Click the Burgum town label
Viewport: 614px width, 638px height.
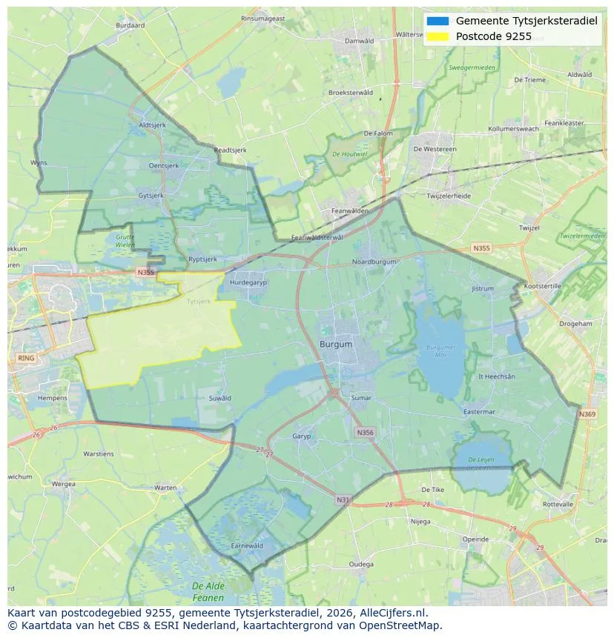(336, 345)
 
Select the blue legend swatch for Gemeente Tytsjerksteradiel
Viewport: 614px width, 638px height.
(438, 21)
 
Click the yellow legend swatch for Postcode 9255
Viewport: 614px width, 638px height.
(438, 36)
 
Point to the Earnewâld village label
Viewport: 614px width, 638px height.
(247, 545)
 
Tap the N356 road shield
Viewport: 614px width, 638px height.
(365, 432)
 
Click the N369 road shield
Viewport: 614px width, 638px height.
(587, 414)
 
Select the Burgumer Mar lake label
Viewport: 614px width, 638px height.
(441, 350)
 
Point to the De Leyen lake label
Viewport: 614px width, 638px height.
(481, 464)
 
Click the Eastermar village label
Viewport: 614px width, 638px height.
(478, 411)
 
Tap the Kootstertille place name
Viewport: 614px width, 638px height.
(543, 286)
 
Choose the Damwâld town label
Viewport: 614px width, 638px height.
(360, 41)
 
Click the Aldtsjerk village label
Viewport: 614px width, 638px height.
(152, 125)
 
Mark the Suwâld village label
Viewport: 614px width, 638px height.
(219, 398)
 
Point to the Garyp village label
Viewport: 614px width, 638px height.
(302, 436)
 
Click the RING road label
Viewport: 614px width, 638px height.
(25, 358)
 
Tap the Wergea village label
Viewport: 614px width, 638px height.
(63, 484)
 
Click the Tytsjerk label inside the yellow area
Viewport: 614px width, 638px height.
(199, 302)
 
